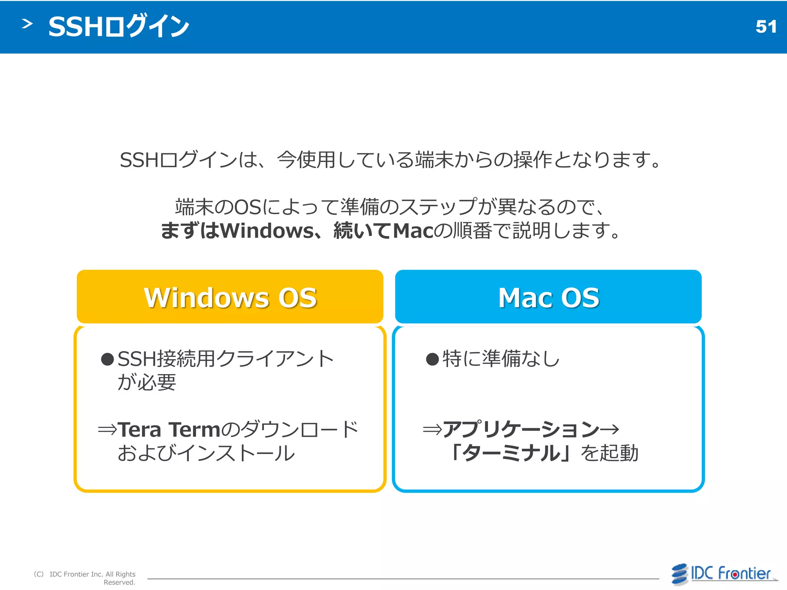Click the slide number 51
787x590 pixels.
tap(766, 27)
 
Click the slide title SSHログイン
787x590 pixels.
tap(119, 27)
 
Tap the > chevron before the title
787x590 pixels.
tap(27, 24)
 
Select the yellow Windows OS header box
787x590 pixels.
tap(230, 297)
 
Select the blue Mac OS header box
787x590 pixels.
tap(548, 297)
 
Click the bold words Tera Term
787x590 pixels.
tap(169, 430)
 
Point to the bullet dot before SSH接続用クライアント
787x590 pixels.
tap(107, 360)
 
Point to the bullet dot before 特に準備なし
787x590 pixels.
tap(432, 360)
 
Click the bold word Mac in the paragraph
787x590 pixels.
tap(413, 231)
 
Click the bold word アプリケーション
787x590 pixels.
tap(521, 429)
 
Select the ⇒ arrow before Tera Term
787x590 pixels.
tap(107, 430)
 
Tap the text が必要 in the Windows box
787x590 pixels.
tap(146, 383)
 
